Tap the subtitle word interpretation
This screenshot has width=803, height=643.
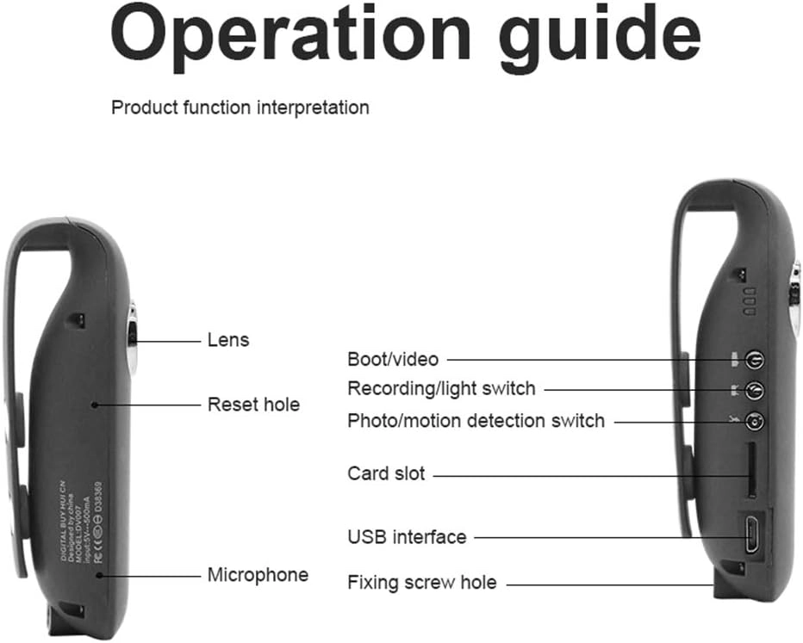tap(314, 108)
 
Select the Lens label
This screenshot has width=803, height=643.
tap(228, 340)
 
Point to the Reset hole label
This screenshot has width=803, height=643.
tap(253, 404)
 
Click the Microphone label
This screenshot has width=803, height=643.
tap(258, 574)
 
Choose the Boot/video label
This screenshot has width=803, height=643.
tap(392, 359)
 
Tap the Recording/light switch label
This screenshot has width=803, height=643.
tap(441, 389)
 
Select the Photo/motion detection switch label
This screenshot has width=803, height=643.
tap(476, 421)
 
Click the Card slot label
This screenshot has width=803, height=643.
tap(386, 473)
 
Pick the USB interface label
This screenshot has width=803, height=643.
tap(407, 537)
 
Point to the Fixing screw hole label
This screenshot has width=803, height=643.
tap(421, 583)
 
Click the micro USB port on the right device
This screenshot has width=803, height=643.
tap(750, 535)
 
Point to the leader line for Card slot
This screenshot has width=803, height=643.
tap(586, 474)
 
